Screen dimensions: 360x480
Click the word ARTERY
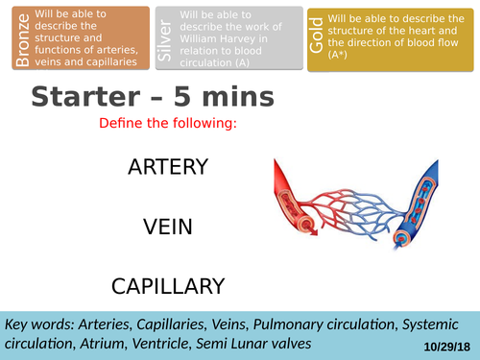point(167,167)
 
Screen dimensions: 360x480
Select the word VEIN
point(168,227)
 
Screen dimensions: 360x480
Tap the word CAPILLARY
point(168,285)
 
